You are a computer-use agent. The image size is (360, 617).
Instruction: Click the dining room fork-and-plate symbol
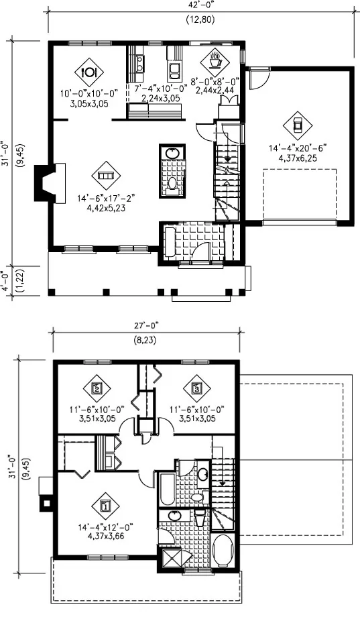click(88, 72)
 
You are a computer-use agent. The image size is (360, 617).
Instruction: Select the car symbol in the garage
click(298, 126)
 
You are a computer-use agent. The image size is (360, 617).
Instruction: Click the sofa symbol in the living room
click(106, 175)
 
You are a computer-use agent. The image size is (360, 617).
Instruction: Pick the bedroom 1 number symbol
click(105, 506)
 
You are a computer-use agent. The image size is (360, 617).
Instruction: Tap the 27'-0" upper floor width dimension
click(145, 325)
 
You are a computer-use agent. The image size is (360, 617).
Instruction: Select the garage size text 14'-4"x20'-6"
click(298, 148)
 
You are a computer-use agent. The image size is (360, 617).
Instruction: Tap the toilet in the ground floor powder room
click(172, 184)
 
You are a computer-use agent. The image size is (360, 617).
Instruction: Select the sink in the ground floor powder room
click(172, 153)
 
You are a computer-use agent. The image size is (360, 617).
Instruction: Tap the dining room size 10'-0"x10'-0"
click(89, 94)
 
